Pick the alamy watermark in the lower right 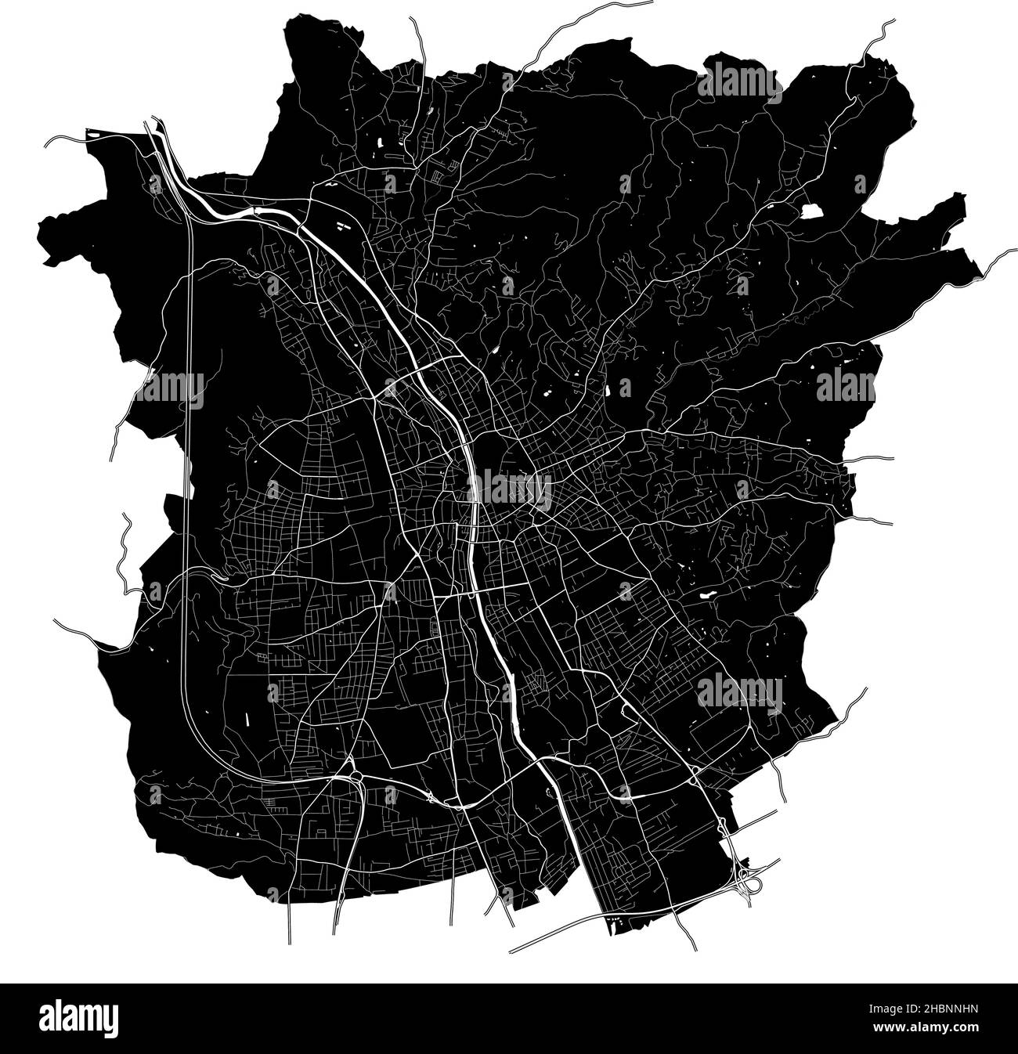[x=739, y=691]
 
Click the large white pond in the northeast [x=810, y=211]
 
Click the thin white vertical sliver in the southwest [x=245, y=718]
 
